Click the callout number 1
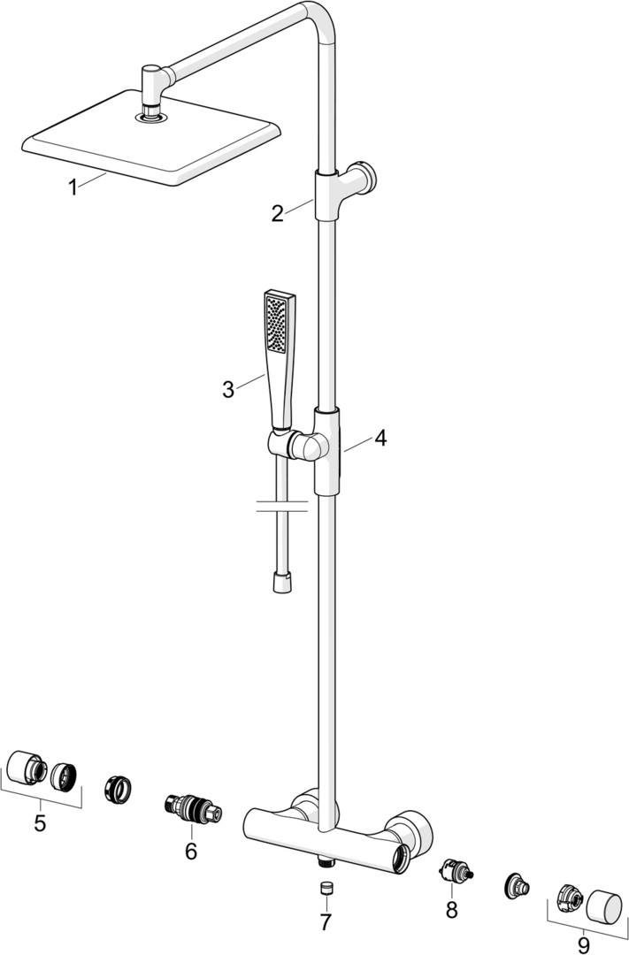click(x=75, y=187)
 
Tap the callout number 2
click(x=278, y=213)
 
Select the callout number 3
click(x=228, y=388)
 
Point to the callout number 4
click(x=380, y=437)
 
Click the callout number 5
click(x=40, y=823)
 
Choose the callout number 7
click(x=325, y=922)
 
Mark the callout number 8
click(x=451, y=908)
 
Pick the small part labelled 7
click(x=325, y=887)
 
